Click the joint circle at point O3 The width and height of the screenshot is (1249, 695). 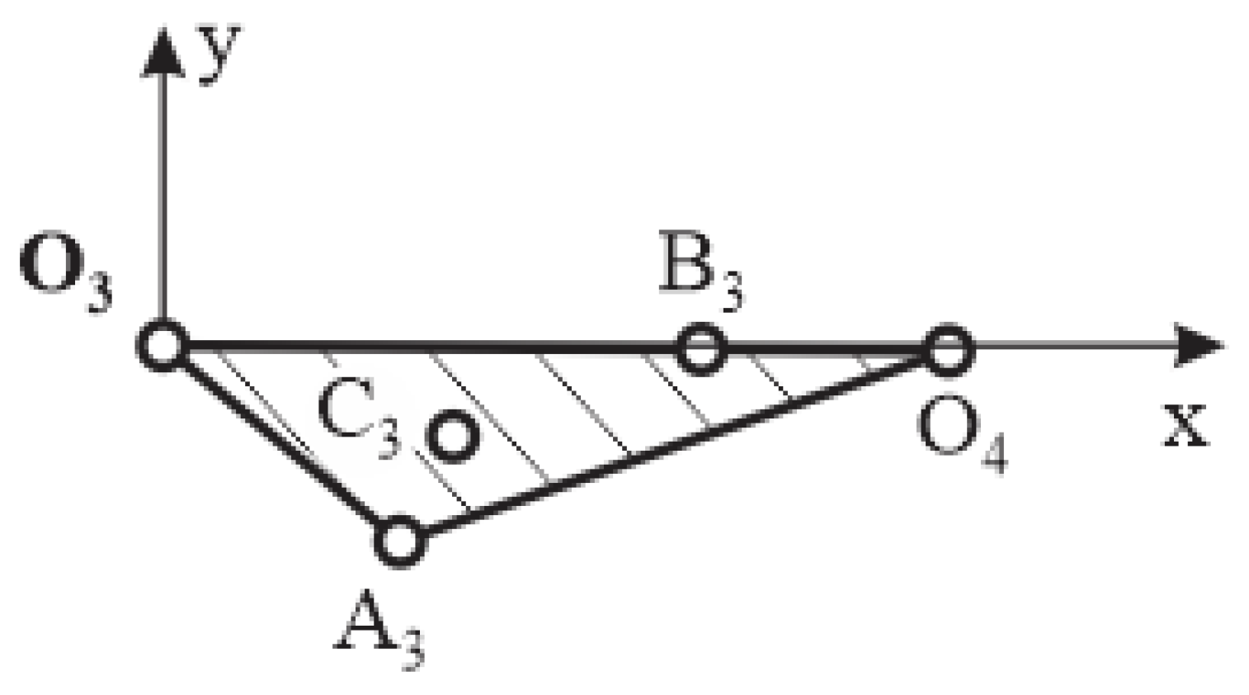164,347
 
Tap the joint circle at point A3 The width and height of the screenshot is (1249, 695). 400,541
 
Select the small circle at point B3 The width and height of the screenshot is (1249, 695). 701,349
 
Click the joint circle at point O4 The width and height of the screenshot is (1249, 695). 946,350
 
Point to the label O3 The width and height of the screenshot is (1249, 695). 64,276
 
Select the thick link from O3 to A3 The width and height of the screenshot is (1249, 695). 280,443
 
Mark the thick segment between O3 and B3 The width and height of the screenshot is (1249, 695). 429,347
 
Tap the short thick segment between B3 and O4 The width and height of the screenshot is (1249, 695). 825,350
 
